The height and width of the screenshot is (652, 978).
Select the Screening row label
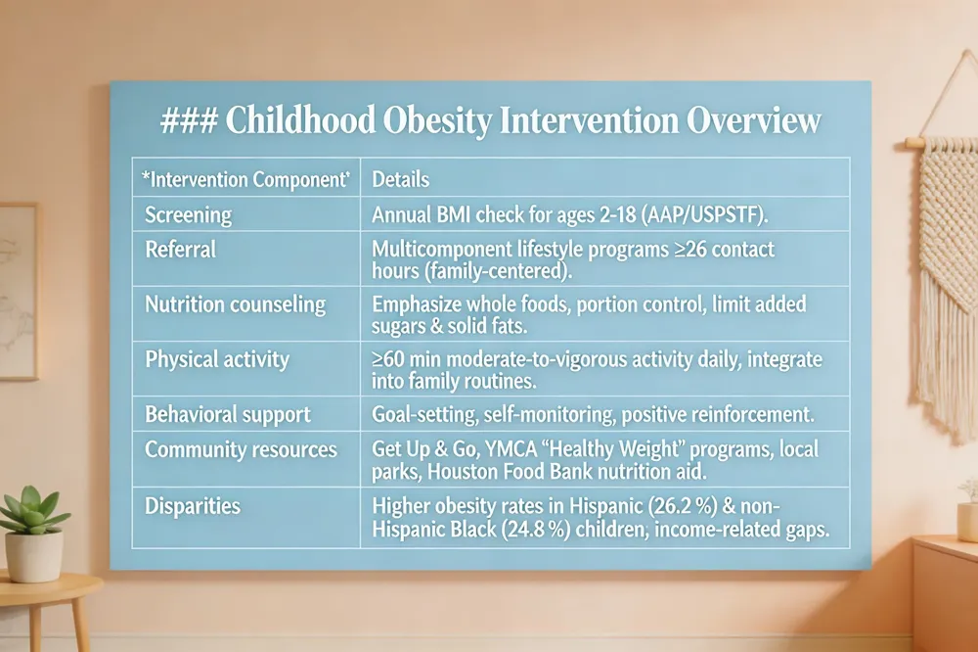pyautogui.click(x=188, y=214)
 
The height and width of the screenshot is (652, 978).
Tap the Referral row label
pyautogui.click(x=180, y=249)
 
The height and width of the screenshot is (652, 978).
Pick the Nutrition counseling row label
pyautogui.click(x=235, y=304)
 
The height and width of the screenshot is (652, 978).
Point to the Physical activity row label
pyautogui.click(x=217, y=359)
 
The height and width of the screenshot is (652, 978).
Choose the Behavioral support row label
pyautogui.click(x=227, y=414)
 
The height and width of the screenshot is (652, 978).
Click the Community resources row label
pyautogui.click(x=241, y=450)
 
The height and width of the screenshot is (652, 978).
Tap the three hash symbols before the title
pyautogui.click(x=190, y=121)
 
